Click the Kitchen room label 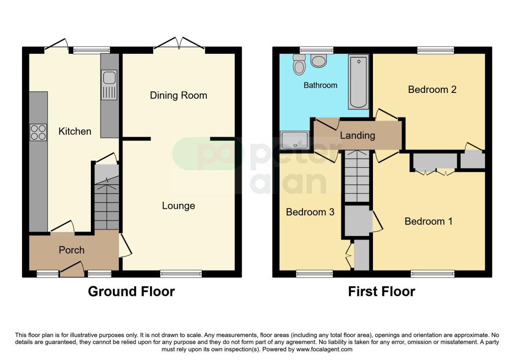click(75, 132)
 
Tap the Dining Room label click(178, 95)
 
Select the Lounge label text click(178, 206)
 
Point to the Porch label click(72, 250)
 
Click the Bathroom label click(320, 85)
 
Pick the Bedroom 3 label click(310, 212)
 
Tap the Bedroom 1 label click(428, 221)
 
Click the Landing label click(357, 136)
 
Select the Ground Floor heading click(132, 291)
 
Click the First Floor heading click(381, 291)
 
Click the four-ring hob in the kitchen click(38, 132)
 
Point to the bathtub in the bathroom click(358, 82)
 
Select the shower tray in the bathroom click(295, 140)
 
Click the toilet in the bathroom click(300, 65)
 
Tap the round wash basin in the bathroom click(318, 61)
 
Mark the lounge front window click(181, 274)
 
